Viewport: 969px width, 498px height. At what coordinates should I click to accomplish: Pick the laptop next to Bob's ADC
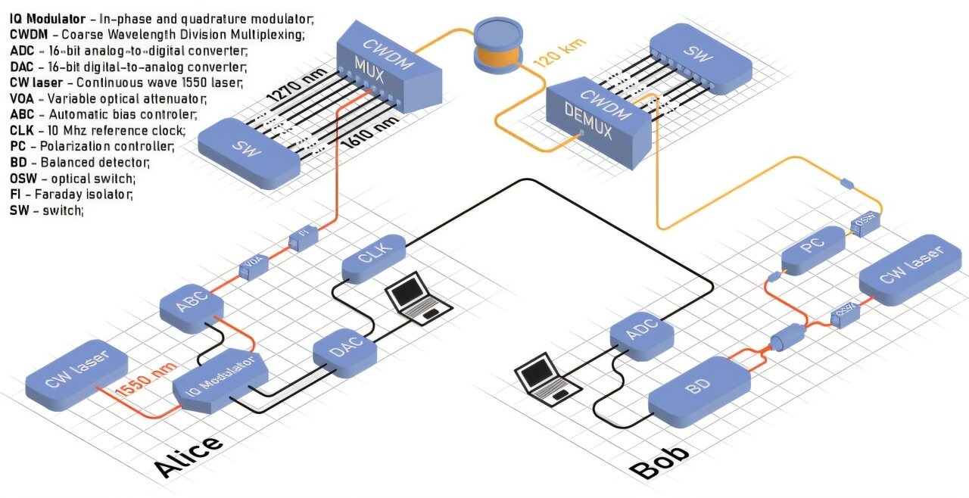tap(547, 378)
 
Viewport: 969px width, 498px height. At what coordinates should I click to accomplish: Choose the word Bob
tap(660, 462)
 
